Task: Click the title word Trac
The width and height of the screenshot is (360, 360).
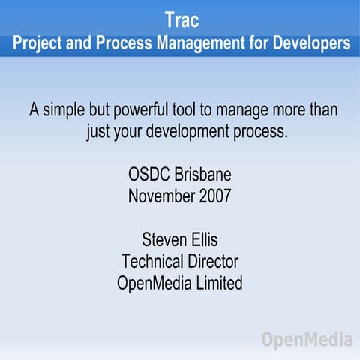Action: click(180, 19)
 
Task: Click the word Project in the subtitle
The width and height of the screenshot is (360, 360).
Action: click(37, 44)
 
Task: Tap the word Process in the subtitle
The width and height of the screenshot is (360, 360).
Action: click(116, 44)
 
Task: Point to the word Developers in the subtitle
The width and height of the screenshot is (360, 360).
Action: click(307, 44)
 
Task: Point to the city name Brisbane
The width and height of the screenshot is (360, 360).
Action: click(203, 176)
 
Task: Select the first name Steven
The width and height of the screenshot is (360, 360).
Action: click(163, 241)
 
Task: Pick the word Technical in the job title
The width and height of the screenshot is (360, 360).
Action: click(150, 262)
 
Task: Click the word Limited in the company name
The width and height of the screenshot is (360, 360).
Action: click(217, 284)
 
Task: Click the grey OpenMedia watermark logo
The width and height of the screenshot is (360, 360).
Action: click(307, 340)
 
